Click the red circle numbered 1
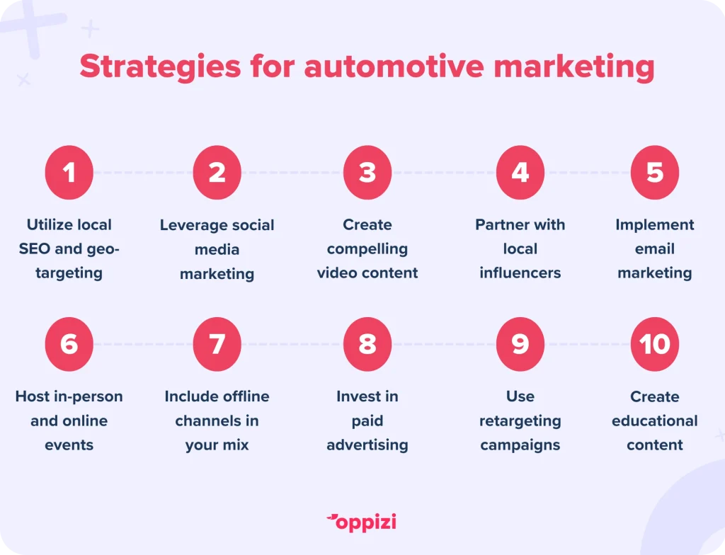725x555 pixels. tap(69, 173)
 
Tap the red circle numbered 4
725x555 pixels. tap(520, 173)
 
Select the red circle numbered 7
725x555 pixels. tap(217, 344)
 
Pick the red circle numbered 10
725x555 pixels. tap(655, 344)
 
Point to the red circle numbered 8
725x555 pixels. tap(367, 344)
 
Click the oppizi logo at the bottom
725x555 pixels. tap(362, 522)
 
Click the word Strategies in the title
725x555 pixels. tap(160, 67)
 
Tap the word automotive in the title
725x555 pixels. tap(394, 66)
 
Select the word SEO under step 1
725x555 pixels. tap(35, 248)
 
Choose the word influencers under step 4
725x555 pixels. tap(520, 273)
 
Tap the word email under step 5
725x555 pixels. tap(655, 248)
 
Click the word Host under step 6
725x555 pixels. tap(33, 396)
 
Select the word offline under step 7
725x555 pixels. tap(245, 396)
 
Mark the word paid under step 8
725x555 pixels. tap(367, 421)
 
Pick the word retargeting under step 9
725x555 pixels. tap(520, 421)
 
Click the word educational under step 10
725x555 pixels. tap(655, 420)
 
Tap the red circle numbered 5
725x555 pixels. tap(655, 173)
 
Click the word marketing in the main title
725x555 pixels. tap(574, 67)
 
